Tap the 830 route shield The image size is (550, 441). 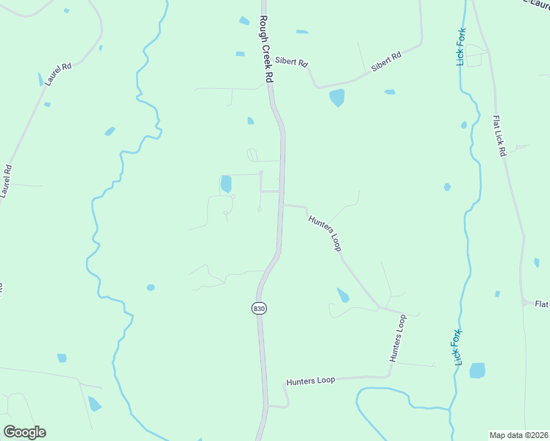(258, 309)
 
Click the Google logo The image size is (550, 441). (24, 432)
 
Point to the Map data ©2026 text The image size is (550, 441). (518, 435)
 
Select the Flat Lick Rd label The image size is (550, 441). (500, 135)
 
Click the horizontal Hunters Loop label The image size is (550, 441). (310, 381)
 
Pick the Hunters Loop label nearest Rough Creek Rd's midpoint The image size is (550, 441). (325, 233)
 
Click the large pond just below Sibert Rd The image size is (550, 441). (337, 97)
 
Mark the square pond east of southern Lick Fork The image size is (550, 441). (477, 370)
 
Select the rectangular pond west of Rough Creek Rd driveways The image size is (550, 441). (226, 184)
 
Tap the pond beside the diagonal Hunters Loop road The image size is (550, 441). (343, 295)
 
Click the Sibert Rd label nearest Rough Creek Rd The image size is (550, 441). (292, 62)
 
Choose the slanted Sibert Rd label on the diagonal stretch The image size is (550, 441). (386, 61)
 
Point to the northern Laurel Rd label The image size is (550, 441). (57, 75)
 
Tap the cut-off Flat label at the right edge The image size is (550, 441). (541, 304)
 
